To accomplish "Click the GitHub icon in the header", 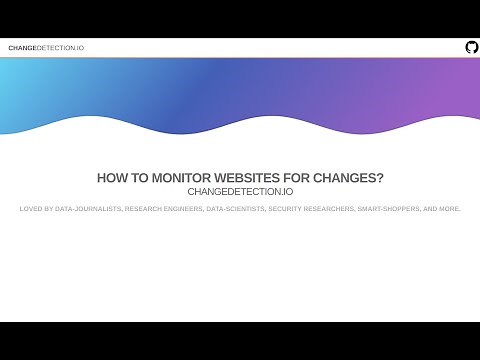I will pos(472,47).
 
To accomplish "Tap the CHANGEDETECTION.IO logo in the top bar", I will pos(46,48).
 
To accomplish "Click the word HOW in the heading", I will pos(111,178).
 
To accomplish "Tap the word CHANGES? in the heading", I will pos(351,178).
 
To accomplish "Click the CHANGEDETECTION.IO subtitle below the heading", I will pos(240,191).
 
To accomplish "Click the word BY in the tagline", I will pos(49,209).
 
